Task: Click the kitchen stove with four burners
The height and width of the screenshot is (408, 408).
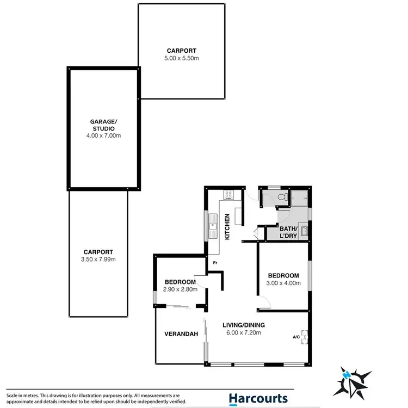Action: coord(227,193)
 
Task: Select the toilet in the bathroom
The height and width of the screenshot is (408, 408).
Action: coord(280,198)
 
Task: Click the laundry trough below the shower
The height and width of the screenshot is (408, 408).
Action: coord(306,233)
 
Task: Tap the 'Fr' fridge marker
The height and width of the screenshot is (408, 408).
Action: coord(215,262)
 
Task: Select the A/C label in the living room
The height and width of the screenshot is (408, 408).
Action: coord(296,337)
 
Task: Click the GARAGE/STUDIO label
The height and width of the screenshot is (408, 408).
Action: coord(103,126)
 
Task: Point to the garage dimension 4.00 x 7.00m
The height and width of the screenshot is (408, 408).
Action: coord(103,135)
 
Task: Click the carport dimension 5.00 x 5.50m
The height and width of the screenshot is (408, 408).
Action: coord(182,58)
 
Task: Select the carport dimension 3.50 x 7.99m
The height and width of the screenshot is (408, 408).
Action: coord(98,259)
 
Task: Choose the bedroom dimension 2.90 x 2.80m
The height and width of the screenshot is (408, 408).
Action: coord(180,289)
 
